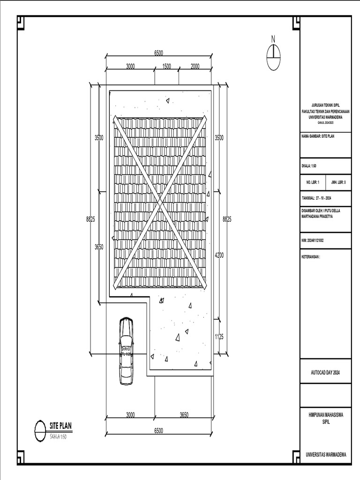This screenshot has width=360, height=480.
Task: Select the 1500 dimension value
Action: tap(166, 67)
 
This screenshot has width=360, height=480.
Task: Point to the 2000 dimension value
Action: tap(195, 67)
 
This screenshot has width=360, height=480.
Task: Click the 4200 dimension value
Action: tap(219, 256)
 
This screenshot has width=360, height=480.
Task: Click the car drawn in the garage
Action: tap(126, 351)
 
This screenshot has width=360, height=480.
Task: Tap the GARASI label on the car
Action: tap(126, 349)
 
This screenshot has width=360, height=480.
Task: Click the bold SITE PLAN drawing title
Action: tap(60, 426)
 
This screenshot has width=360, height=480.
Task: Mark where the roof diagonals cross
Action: tap(159, 202)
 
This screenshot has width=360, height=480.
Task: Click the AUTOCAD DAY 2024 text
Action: tap(325, 372)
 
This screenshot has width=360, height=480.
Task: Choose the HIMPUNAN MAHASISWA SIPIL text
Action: tap(326, 419)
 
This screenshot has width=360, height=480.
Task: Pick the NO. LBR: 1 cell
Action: tap(313, 182)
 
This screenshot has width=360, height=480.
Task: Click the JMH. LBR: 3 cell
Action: tap(338, 182)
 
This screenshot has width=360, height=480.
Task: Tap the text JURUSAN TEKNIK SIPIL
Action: tap(326, 105)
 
